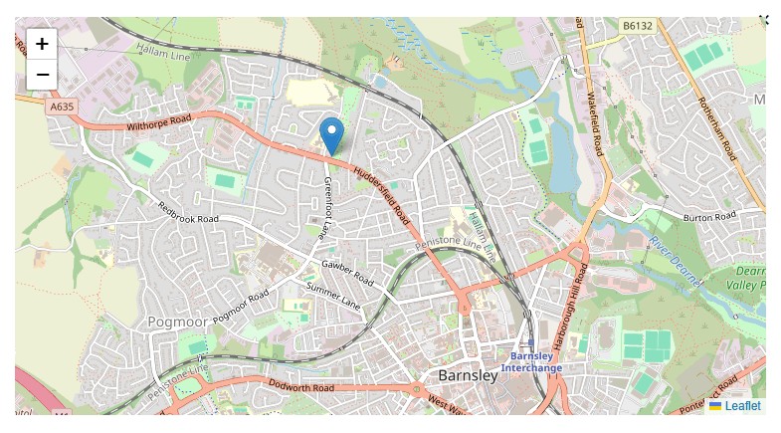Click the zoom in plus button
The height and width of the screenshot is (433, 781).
point(42,44)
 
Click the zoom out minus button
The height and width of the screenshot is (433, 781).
point(42,75)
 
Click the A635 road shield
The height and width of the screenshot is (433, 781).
point(61,106)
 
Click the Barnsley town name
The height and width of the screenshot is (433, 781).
point(468,375)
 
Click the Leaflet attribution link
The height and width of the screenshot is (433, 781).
point(742,406)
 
